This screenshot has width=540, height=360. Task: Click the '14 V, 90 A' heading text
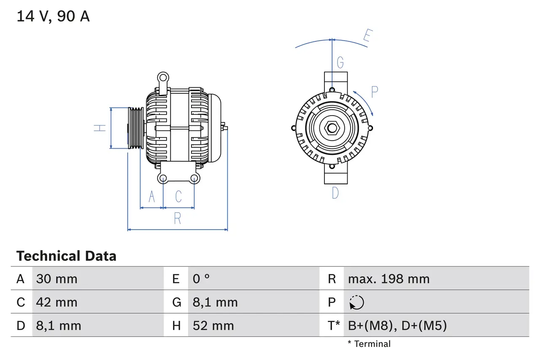pyautogui.click(x=53, y=16)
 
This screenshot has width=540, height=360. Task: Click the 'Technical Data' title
pyautogui.click(x=66, y=256)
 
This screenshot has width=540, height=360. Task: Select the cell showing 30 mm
pyautogui.click(x=57, y=279)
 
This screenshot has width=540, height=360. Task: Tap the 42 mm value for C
pyautogui.click(x=57, y=302)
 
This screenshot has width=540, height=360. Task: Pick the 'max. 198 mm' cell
pyautogui.click(x=389, y=279)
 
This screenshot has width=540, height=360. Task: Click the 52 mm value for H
pyautogui.click(x=213, y=326)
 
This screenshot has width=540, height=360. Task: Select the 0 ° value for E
pyautogui.click(x=201, y=279)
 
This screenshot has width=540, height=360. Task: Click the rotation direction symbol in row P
pyautogui.click(x=357, y=302)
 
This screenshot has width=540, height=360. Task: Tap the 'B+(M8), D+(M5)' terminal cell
pyautogui.click(x=397, y=326)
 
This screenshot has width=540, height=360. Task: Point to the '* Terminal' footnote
pyautogui.click(x=369, y=344)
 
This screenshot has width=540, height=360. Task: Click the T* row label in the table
pyautogui.click(x=334, y=326)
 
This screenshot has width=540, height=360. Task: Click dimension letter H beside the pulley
pyautogui.click(x=100, y=127)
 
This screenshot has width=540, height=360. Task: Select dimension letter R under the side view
pyautogui.click(x=178, y=219)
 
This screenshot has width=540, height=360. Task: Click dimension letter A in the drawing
pyautogui.click(x=152, y=197)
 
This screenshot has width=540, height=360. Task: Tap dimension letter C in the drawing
pyautogui.click(x=178, y=197)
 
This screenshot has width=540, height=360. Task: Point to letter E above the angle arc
pyautogui.click(x=367, y=37)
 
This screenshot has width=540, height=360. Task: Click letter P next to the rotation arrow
pyautogui.click(x=374, y=92)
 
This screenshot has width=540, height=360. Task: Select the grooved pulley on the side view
pyautogui.click(x=136, y=127)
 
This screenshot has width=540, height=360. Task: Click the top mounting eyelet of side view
pyautogui.click(x=163, y=77)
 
